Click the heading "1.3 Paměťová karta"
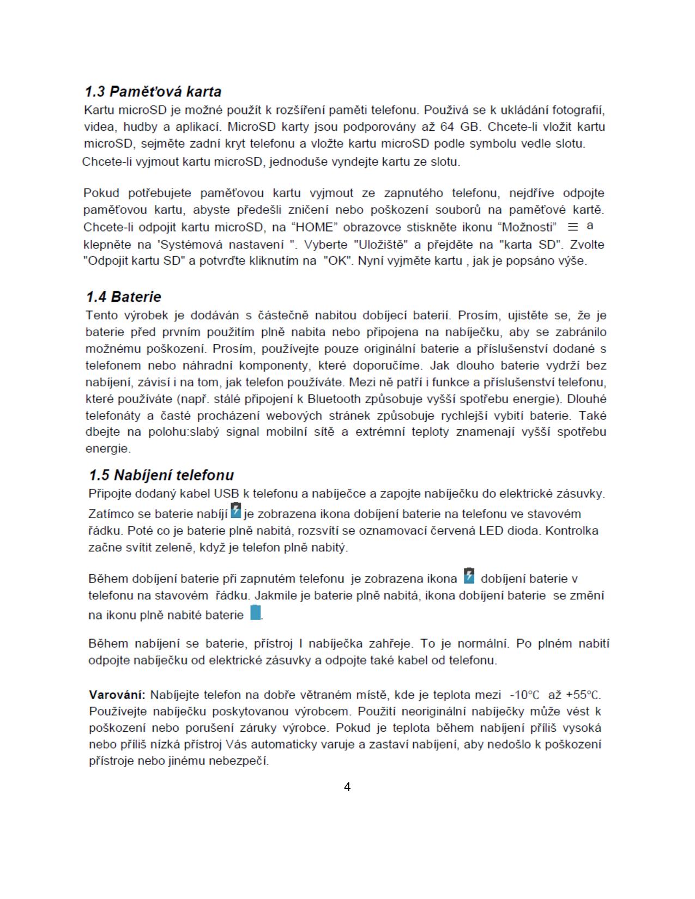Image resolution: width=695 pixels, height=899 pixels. (x=153, y=91)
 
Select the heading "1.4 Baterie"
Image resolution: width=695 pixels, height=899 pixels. (x=124, y=297)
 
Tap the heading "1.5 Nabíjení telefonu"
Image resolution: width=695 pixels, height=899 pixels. (x=161, y=475)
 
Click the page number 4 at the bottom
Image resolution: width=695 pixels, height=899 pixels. (x=347, y=787)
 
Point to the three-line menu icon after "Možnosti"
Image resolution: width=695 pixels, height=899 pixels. (x=573, y=227)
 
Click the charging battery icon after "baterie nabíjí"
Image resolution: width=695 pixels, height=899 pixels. (x=235, y=511)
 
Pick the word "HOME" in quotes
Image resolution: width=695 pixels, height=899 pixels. (x=316, y=227)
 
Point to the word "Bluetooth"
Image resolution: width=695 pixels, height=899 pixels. (x=334, y=399)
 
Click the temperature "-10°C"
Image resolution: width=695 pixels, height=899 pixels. (x=524, y=695)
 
